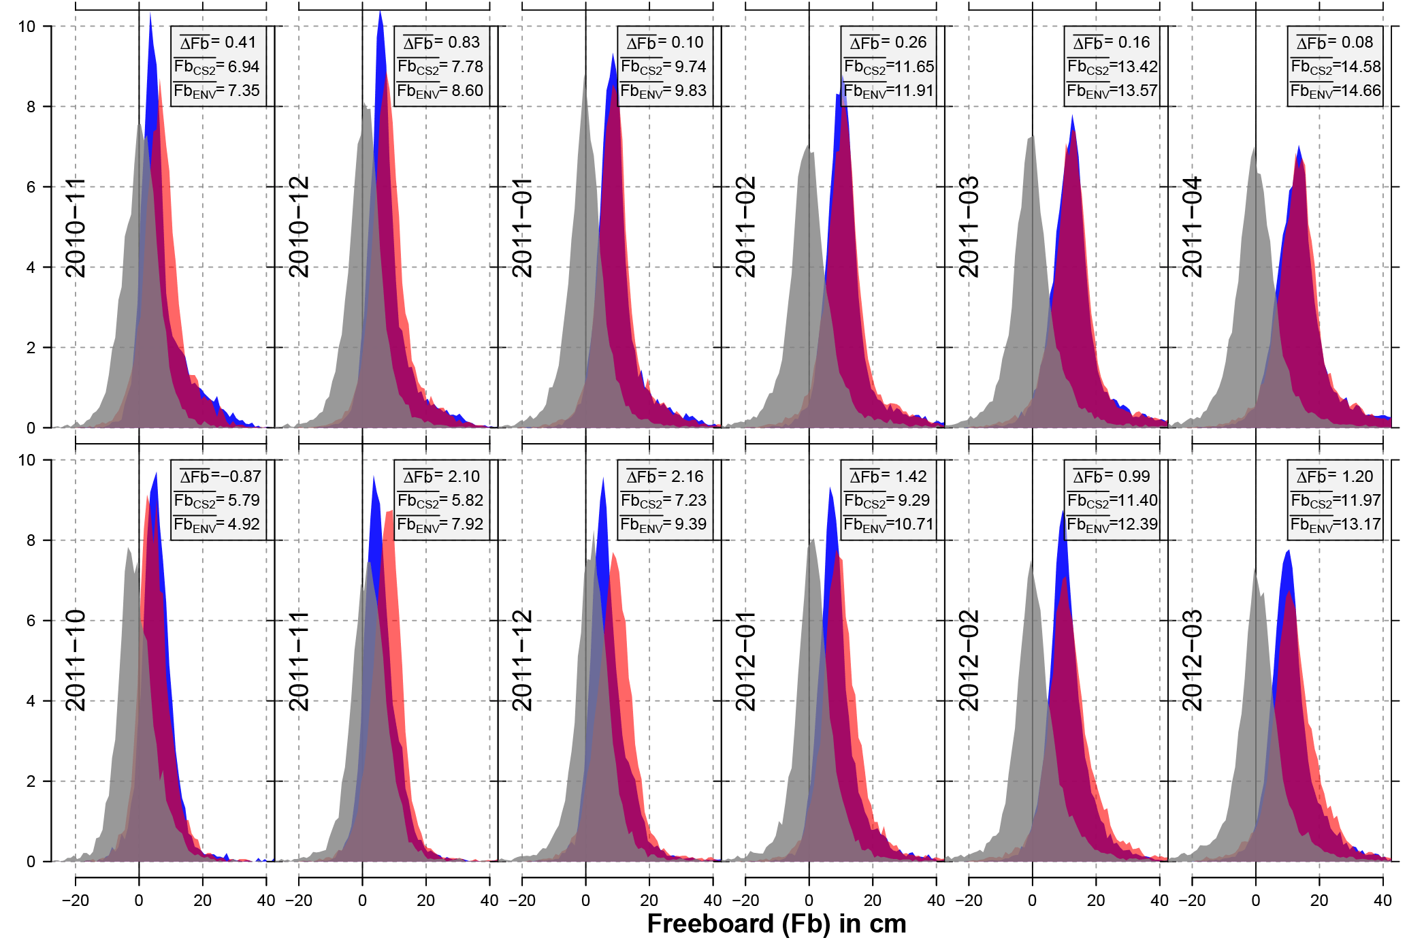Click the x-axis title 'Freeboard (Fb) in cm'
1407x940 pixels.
click(776, 924)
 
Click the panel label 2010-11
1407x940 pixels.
click(76, 227)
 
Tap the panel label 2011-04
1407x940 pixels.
click(1192, 227)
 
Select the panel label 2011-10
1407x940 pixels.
click(76, 661)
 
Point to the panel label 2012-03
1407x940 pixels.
click(1192, 661)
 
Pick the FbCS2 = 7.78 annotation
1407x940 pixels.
click(440, 67)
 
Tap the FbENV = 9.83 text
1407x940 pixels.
click(664, 91)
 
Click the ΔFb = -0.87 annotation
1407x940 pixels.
click(218, 476)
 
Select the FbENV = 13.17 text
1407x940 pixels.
click(1335, 525)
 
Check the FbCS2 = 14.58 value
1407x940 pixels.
click(1335, 67)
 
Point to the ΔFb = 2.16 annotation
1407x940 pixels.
click(664, 476)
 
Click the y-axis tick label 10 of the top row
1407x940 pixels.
click(27, 27)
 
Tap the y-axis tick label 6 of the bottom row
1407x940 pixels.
click(31, 621)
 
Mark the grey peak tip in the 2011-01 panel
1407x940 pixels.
click(585, 76)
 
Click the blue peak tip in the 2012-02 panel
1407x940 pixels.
click(1063, 511)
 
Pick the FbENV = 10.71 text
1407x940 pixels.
click(888, 525)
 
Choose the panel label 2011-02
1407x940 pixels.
click(745, 227)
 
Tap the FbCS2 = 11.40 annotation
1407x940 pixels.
click(1112, 501)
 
